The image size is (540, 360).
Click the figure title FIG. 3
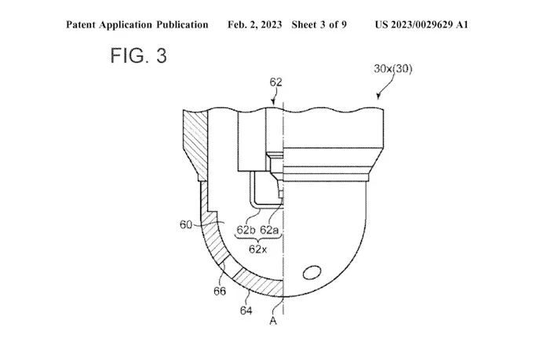[x=138, y=56]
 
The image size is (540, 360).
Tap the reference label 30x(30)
[x=393, y=68]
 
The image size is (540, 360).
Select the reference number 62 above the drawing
[x=275, y=82]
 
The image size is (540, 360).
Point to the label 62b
[x=246, y=230]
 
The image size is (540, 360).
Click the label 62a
[x=269, y=230]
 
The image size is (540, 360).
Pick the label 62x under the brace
[x=257, y=249]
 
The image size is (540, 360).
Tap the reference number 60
[x=185, y=225]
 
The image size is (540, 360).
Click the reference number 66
[x=220, y=291]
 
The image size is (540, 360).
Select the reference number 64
[x=246, y=311]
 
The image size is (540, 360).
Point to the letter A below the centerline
[x=273, y=321]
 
